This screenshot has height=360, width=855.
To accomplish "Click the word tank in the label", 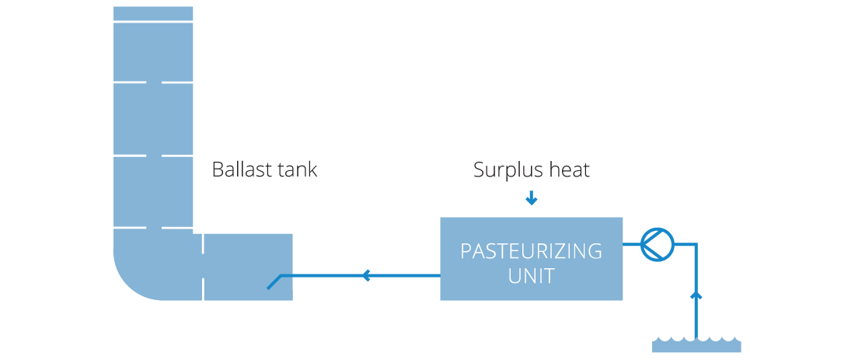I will coord(295,170).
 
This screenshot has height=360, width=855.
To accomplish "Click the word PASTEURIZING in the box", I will coord(531,252).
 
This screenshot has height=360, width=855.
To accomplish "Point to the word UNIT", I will coord(531,275).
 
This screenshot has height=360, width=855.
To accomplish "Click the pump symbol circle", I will coord(657,243).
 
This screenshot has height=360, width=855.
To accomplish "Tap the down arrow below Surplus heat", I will coord(531,200).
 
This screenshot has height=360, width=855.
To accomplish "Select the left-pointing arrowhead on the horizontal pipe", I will coord(366,274).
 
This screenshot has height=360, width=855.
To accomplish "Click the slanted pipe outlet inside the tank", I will coord(274,281).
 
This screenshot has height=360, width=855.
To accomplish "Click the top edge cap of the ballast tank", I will coord(153,13).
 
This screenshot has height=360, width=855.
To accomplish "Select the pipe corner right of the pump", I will coord(696,244).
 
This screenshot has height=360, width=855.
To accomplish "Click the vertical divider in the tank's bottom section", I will coord(203,267).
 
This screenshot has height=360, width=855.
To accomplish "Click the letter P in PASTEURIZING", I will coord(465,252).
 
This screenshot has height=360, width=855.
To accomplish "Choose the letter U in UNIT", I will coord(515,275).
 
